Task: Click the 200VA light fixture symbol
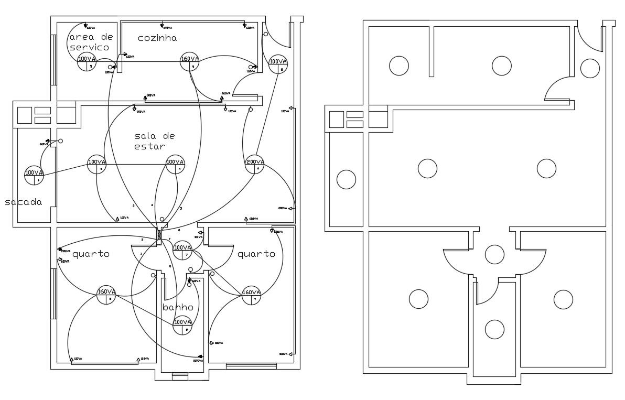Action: pyautogui.click(x=254, y=165)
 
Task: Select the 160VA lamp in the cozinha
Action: pyautogui.click(x=190, y=62)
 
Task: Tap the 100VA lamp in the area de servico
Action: pyautogui.click(x=87, y=62)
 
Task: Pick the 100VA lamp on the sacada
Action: pyautogui.click(x=34, y=175)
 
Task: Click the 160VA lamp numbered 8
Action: pyautogui.click(x=106, y=295)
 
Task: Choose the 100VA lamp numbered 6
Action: pyautogui.click(x=278, y=64)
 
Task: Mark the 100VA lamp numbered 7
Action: pyautogui.click(x=182, y=250)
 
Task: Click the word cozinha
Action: pyautogui.click(x=157, y=38)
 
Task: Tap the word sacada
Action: pyautogui.click(x=24, y=202)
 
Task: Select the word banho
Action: pyautogui.click(x=178, y=307)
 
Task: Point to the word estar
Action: pyautogui.click(x=149, y=146)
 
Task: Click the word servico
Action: pyautogui.click(x=90, y=47)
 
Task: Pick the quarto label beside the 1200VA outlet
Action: pyautogui.click(x=91, y=254)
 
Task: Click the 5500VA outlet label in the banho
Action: pyautogui.click(x=198, y=360)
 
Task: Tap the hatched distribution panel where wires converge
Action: pyautogui.click(x=159, y=235)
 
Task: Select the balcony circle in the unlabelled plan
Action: pyautogui.click(x=346, y=179)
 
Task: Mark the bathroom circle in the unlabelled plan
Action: pyautogui.click(x=494, y=329)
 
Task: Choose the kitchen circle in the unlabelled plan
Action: pyautogui.click(x=501, y=66)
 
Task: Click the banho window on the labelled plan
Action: pyautogui.click(x=180, y=375)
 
